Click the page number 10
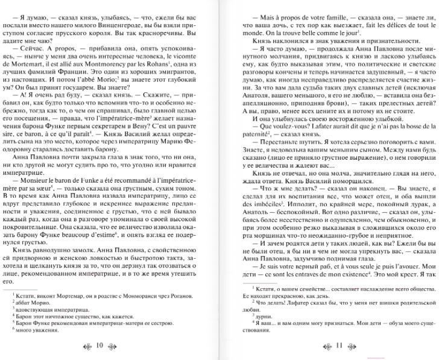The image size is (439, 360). coord(99,346)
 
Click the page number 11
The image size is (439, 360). coord(338,346)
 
